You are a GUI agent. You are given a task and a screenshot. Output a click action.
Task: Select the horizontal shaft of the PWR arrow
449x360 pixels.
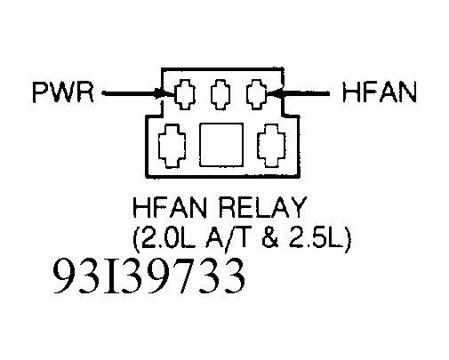tap(128, 92)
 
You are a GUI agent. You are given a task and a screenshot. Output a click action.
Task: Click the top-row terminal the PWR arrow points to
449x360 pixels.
tap(186, 92)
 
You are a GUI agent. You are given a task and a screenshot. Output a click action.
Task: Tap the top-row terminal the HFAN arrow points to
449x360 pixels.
tap(255, 92)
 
